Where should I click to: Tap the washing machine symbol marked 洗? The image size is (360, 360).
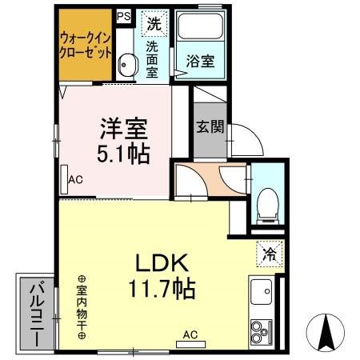click(153, 23)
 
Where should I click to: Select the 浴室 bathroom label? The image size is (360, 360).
click(199, 60)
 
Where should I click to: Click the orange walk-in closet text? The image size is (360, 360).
click(85, 44)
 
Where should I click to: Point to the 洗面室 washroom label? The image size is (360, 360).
click(152, 58)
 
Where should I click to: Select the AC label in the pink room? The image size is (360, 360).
click(75, 179)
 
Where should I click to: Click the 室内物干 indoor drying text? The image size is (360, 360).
click(82, 309)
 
